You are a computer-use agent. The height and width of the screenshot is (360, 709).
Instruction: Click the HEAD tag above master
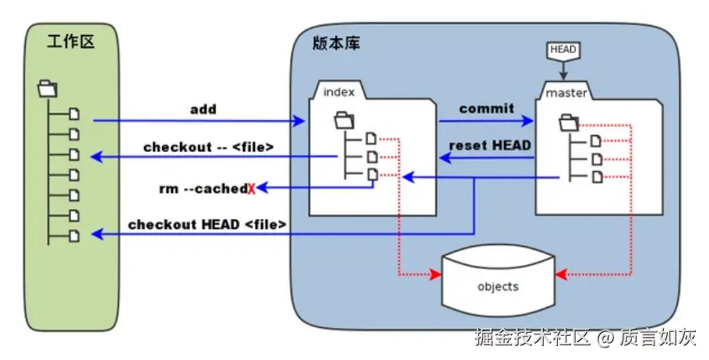pos(563,51)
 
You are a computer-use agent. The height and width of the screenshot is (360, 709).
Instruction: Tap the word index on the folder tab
pos(339,92)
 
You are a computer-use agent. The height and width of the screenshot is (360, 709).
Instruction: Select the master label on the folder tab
pos(566,93)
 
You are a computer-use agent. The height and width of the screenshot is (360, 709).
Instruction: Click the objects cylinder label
pos(498,287)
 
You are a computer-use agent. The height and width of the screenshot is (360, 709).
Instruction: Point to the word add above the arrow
pos(203,109)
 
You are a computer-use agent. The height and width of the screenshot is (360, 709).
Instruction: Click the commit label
pos(486,108)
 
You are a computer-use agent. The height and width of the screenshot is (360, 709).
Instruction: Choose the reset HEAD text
pos(490,145)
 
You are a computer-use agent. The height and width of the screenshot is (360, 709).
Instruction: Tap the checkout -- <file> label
pos(209,147)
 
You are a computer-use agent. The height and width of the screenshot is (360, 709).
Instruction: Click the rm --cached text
pos(203,189)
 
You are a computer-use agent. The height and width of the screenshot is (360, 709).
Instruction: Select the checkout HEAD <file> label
pos(207,224)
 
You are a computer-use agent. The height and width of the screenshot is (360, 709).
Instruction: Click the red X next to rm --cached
pos(252,189)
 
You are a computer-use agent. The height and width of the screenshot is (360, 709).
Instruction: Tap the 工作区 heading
pos(71,41)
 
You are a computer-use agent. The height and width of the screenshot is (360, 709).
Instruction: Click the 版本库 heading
pos(337,43)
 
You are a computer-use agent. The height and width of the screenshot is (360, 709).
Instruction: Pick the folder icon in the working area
pos(48,89)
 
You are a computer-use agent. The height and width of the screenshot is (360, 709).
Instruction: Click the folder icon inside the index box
pos(344,120)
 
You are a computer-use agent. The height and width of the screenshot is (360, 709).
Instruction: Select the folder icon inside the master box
pos(569,122)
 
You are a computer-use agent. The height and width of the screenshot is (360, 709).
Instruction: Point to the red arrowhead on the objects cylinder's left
pos(435,274)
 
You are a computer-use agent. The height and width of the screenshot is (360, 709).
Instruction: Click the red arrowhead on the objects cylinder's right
pos(561,274)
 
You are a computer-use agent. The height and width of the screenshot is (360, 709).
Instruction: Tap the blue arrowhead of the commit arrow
pos(527,121)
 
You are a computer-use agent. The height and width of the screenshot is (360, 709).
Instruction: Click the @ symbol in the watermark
pos(605,337)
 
